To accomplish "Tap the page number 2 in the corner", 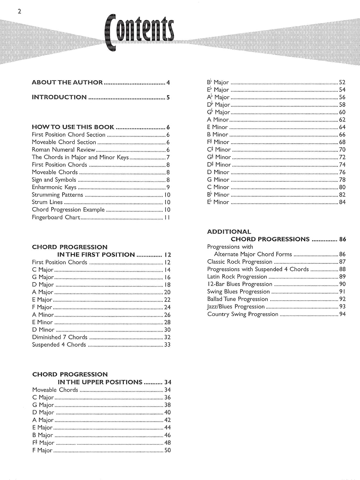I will click(x=20, y=12).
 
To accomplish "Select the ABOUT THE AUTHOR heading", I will click(x=67, y=83).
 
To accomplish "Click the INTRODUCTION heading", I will click(x=59, y=97).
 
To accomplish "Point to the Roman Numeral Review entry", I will click(x=63, y=150).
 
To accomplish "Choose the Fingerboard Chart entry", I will click(x=56, y=217).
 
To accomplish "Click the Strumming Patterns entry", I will click(x=57, y=195).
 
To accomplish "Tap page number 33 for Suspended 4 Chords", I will click(x=167, y=345).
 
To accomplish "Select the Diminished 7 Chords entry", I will click(x=60, y=337).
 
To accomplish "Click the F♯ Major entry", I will click(x=43, y=443).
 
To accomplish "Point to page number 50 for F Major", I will click(x=167, y=450).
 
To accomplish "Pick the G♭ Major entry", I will click(x=219, y=112).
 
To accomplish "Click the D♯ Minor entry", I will click(x=219, y=165).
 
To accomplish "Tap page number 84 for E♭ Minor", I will click(x=342, y=202).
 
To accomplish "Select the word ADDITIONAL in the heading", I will click(x=229, y=232).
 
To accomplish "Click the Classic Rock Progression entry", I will click(x=240, y=262).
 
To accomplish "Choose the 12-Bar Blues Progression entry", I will click(x=240, y=284).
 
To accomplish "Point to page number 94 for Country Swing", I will click(x=342, y=314).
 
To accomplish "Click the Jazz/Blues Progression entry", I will click(x=236, y=307).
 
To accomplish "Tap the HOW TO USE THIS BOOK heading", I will click(x=73, y=127).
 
